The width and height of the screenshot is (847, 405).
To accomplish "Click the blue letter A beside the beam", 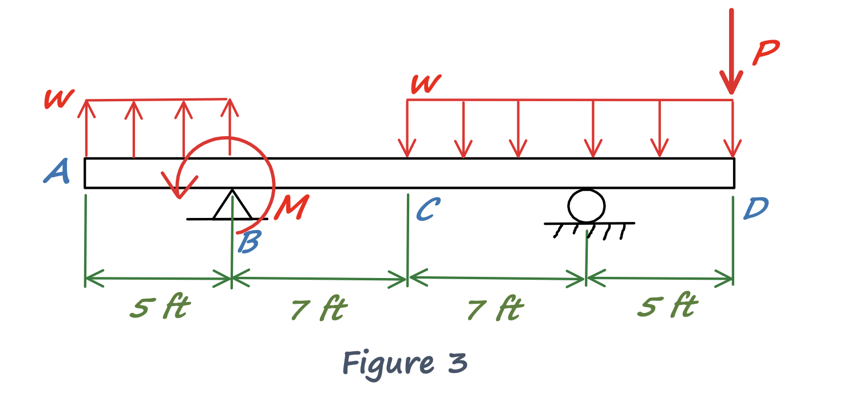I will [57, 172].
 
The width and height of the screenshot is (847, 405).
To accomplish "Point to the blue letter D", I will [755, 209].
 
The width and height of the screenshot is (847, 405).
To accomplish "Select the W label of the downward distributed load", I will [426, 85].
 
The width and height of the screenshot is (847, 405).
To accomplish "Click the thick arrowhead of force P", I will [731, 83].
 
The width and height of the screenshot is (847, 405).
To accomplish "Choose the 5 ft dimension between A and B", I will [159, 308].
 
